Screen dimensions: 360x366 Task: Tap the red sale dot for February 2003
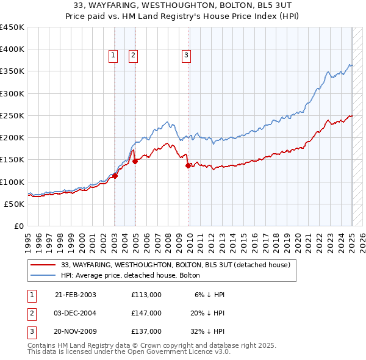coord(115,176)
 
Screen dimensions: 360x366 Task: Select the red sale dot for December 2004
coord(135,161)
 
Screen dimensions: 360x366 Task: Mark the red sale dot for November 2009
coord(188,165)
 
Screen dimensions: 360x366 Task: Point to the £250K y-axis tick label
coord(12,115)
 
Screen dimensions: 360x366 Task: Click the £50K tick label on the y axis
coord(15,204)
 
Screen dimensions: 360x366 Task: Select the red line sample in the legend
coord(42,265)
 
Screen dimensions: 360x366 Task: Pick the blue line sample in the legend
coord(42,275)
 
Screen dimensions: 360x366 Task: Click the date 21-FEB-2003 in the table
coord(76,295)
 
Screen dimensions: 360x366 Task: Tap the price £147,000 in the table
coord(146,313)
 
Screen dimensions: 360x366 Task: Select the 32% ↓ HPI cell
coord(207,331)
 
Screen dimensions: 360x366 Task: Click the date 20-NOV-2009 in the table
coord(76,331)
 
